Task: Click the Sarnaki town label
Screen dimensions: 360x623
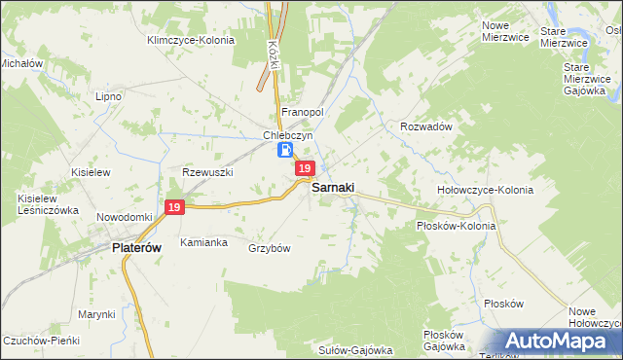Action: point(333,187)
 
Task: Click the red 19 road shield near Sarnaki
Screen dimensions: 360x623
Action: point(305,168)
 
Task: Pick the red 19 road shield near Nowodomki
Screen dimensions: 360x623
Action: point(174,207)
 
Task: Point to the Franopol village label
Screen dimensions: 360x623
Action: point(302,112)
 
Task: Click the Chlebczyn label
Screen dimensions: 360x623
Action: point(286,135)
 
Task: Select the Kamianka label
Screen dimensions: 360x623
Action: point(203,241)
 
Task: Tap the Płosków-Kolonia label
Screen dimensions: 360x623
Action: point(456,226)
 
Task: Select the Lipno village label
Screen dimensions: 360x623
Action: point(107,96)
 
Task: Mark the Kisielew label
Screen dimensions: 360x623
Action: point(88,171)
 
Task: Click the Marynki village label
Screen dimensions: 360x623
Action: point(97,314)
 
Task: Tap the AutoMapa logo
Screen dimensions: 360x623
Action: point(556,342)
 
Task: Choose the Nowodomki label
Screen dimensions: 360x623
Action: point(125,216)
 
